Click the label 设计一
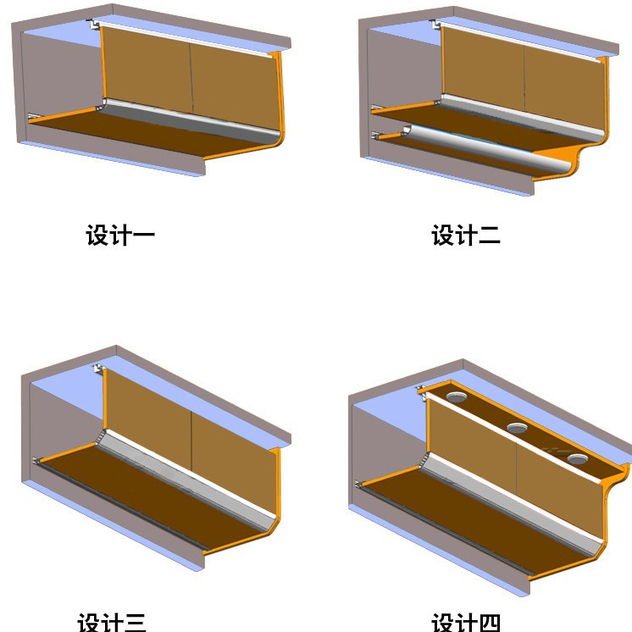tap(120, 235)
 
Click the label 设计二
tap(466, 235)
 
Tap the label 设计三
tap(112, 622)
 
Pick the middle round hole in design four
tap(517, 427)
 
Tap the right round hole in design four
tap(578, 459)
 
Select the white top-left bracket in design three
tap(99, 369)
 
